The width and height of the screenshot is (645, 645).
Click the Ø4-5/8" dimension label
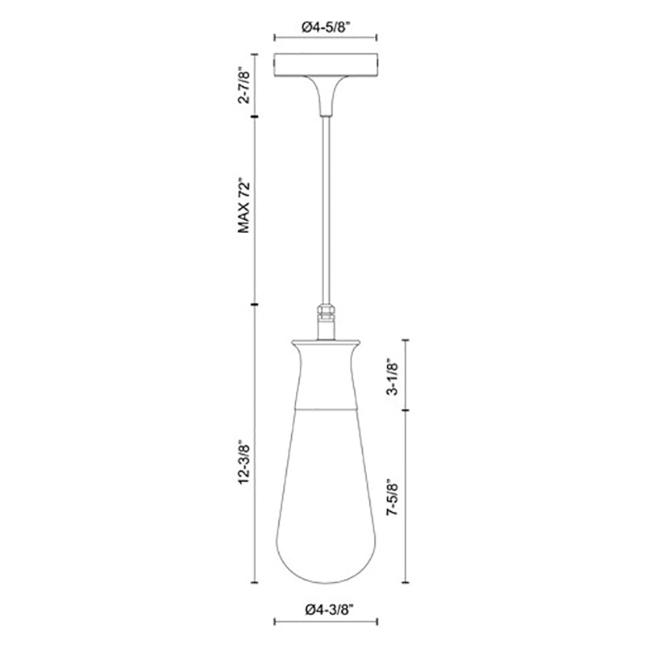point(326,27)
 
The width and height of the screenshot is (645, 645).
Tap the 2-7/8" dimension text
point(244,87)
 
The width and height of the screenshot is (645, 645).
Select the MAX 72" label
point(244,206)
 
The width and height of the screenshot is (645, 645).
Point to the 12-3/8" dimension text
point(244,462)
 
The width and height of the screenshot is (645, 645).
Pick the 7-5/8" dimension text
point(393,497)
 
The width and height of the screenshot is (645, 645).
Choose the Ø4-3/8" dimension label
point(330,610)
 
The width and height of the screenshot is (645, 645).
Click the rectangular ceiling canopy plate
point(326,64)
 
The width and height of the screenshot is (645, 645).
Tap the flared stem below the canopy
point(326,95)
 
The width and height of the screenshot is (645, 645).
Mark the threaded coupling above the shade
point(326,314)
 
